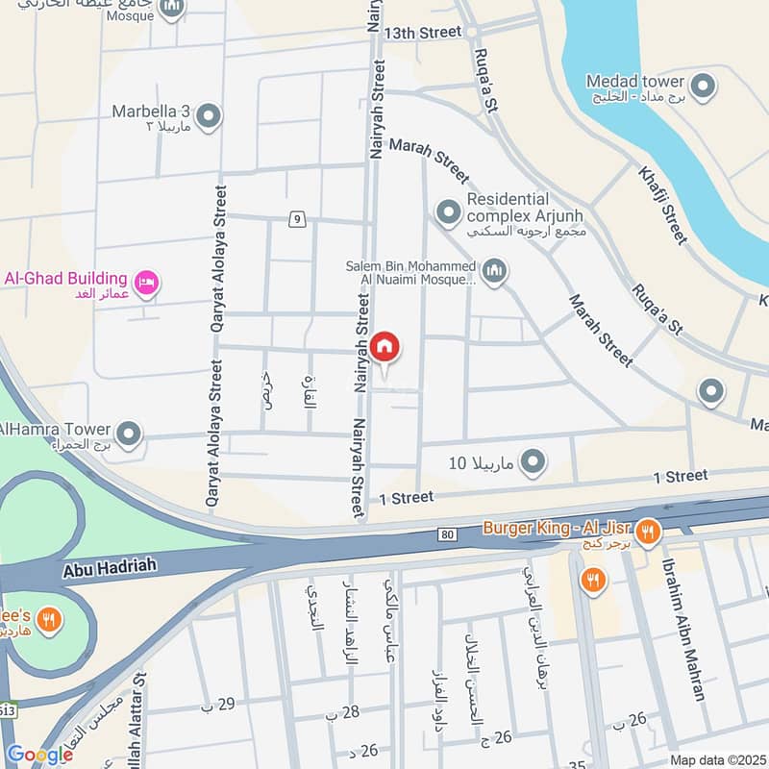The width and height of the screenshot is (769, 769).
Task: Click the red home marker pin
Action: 384,348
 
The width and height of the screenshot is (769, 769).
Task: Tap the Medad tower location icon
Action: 704,87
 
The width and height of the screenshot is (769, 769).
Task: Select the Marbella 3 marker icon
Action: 208,117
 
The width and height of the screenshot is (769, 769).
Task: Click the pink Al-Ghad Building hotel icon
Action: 148,283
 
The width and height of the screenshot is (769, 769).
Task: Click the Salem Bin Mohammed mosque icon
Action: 495,272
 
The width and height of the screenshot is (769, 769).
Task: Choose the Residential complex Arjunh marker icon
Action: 448,211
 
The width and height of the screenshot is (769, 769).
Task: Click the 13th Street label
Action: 423,33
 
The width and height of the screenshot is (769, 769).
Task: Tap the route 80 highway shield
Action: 447,533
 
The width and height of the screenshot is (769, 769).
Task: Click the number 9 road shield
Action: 297,220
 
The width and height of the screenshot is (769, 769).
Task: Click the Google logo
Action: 38,755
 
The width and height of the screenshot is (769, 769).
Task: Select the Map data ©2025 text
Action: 716,760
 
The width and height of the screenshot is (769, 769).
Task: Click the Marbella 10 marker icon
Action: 532,464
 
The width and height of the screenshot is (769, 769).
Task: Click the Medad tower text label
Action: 635,81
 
